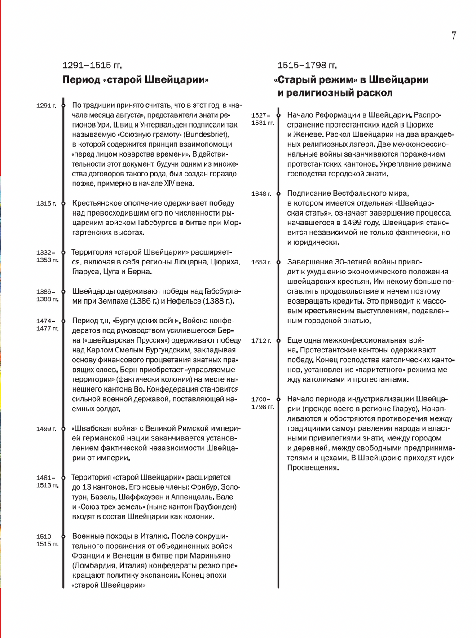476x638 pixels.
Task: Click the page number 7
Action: [x=454, y=35]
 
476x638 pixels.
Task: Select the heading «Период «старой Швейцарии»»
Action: [x=136, y=80]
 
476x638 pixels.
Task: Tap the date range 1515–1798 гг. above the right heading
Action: [x=307, y=66]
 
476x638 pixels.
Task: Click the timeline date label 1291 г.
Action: [x=46, y=106]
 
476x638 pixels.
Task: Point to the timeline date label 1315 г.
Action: [x=46, y=204]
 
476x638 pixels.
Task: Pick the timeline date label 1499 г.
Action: [x=46, y=429]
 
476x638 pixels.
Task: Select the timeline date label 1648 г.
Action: [x=261, y=194]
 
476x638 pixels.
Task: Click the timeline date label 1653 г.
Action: [x=261, y=262]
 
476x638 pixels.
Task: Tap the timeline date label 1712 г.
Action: [x=261, y=341]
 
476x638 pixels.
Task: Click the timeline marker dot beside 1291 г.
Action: [x=63, y=106]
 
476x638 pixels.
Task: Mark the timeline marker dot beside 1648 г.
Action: [x=278, y=194]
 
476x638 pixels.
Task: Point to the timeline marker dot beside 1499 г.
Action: [x=63, y=429]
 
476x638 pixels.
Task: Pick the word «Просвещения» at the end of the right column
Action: [x=313, y=468]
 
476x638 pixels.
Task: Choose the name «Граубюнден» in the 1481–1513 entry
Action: [x=216, y=507]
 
